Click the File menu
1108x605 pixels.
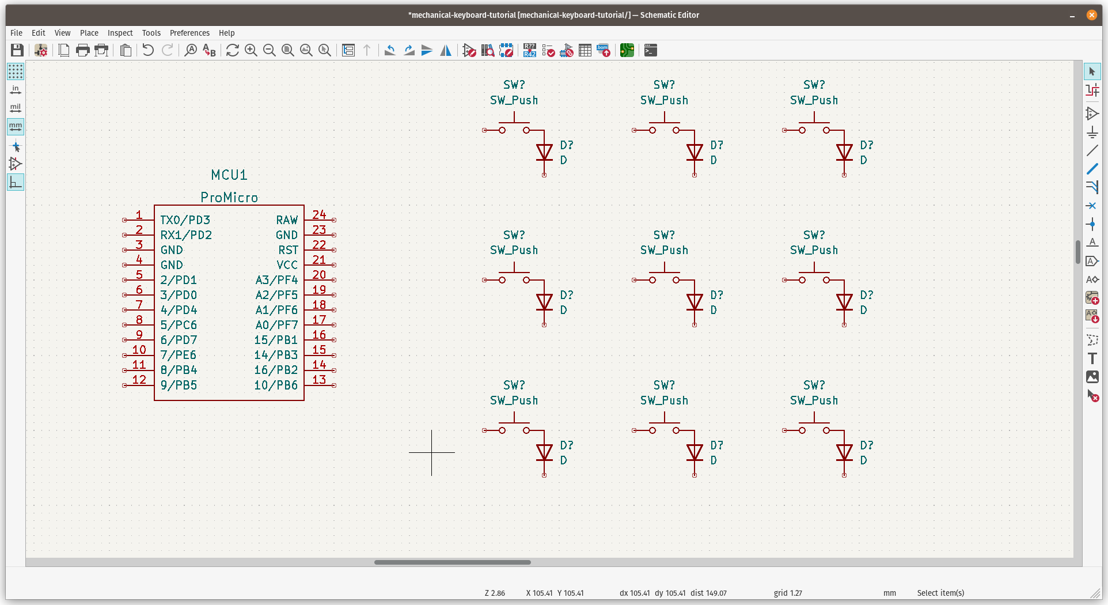coord(16,33)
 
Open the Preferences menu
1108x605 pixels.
coord(189,33)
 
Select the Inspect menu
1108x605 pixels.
coord(120,33)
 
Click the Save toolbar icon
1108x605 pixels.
coord(17,51)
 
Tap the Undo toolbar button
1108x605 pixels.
coord(148,51)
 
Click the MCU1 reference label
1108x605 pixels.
coord(229,175)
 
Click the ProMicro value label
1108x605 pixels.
coord(229,198)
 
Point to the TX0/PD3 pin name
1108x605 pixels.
coord(185,220)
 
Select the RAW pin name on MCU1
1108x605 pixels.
coord(287,220)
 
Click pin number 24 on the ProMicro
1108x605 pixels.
coord(319,214)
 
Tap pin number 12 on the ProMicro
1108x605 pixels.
coord(139,380)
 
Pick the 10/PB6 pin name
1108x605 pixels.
coord(276,385)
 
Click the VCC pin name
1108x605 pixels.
coord(287,265)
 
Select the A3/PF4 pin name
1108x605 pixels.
coord(276,280)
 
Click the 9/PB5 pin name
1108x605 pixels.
coord(179,385)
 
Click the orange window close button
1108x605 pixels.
coord(1091,15)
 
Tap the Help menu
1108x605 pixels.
coord(226,33)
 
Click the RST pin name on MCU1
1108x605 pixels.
coord(288,250)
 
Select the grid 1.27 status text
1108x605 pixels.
coord(787,593)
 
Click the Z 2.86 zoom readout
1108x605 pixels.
coord(495,593)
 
